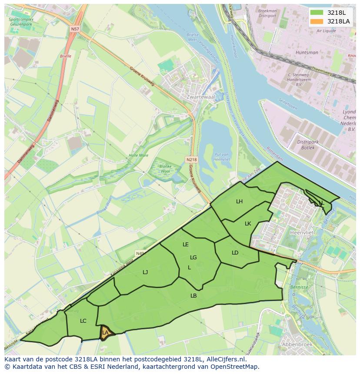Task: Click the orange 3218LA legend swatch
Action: pyautogui.click(x=317, y=21)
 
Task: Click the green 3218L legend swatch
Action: pyautogui.click(x=317, y=13)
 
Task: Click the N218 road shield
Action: pyautogui.click(x=191, y=159)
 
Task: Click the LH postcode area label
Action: pyautogui.click(x=240, y=202)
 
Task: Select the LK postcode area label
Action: pyautogui.click(x=248, y=224)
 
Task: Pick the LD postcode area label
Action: pyautogui.click(x=235, y=253)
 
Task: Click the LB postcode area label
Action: pyautogui.click(x=193, y=296)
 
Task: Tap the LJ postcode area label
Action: pyautogui.click(x=145, y=272)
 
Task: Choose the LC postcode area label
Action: pyautogui.click(x=83, y=321)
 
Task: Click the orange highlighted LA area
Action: pyautogui.click(x=105, y=333)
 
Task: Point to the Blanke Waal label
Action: pyautogui.click(x=165, y=169)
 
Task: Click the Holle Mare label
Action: pyautogui.click(x=138, y=156)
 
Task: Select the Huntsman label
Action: pyautogui.click(x=307, y=53)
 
